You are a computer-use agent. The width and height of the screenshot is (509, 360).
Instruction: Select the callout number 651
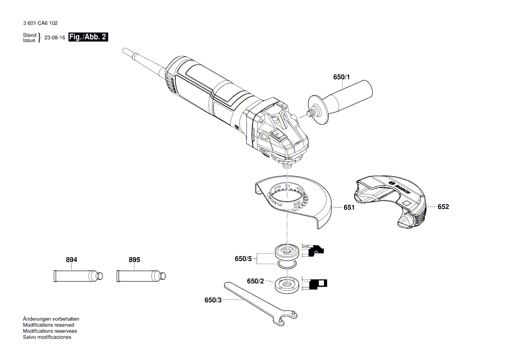349,208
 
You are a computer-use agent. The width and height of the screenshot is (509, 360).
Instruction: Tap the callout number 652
443,207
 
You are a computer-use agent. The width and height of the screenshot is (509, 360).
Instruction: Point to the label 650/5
243,258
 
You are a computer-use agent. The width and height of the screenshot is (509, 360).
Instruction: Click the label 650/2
255,281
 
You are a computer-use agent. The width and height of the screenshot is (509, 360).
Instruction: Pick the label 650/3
213,300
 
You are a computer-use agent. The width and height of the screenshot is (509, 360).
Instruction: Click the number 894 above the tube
71,260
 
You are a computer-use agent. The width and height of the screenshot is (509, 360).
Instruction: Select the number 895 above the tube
135,260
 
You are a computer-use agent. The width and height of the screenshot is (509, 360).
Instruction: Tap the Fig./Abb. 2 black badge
88,37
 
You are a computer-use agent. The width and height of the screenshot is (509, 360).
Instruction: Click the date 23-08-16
54,38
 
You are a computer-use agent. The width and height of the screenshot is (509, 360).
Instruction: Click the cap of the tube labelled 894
99,276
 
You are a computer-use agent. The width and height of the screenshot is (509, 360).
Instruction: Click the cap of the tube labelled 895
162,276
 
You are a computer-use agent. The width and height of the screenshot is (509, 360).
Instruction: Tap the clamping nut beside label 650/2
287,285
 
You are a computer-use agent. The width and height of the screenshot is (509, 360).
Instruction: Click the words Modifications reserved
48,325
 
